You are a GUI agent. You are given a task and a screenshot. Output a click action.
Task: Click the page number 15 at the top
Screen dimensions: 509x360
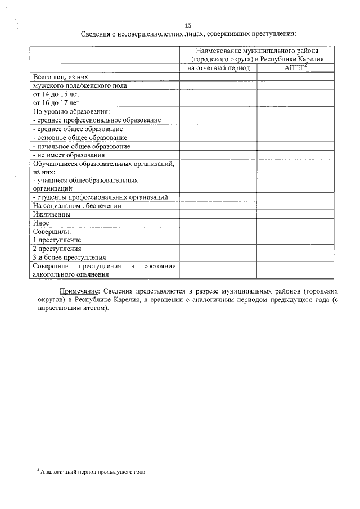click(188, 25)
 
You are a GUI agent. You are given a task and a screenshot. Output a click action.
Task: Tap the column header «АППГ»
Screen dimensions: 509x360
click(295, 69)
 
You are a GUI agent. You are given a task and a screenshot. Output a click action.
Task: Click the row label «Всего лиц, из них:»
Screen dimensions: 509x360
click(62, 77)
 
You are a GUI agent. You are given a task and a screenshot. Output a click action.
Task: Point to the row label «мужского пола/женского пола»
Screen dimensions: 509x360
click(80, 86)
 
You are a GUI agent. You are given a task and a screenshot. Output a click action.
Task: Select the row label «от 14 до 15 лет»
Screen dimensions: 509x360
click(57, 94)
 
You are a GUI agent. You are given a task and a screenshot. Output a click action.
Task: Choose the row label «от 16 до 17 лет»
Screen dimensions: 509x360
click(57, 103)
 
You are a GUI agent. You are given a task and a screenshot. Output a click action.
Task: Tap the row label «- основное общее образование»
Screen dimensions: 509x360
click(80, 138)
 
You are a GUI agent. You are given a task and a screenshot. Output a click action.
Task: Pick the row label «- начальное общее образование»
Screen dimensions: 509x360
click(82, 146)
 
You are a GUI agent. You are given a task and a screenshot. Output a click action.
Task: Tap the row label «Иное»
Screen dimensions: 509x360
click(42, 223)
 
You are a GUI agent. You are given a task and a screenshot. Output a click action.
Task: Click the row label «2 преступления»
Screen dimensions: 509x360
click(57, 249)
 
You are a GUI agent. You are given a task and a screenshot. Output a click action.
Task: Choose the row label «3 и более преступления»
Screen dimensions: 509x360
click(70, 257)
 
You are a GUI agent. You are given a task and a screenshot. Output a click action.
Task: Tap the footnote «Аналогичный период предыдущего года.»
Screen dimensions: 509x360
click(93, 472)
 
